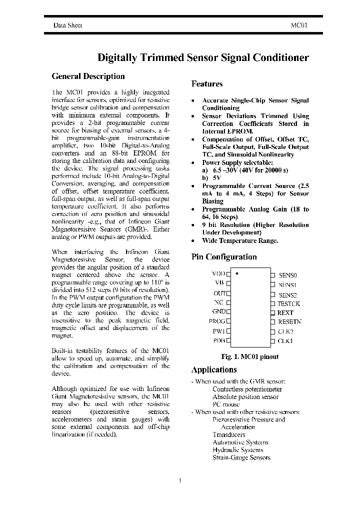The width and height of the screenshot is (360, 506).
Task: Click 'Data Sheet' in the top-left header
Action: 68,24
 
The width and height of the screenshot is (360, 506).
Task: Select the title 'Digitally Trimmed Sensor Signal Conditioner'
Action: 202,57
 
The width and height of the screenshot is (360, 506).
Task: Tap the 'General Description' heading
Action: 88,76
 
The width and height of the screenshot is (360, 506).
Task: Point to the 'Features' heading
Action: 207,84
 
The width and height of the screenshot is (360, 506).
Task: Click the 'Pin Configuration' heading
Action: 224,257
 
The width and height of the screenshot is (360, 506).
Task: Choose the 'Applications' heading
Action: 214,370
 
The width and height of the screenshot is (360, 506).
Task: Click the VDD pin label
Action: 218,274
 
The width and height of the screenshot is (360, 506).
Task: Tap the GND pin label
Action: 218,312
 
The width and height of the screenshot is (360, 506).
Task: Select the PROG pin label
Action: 217,321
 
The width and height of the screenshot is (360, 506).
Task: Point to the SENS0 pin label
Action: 287,275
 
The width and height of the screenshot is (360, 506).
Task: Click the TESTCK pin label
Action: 289,303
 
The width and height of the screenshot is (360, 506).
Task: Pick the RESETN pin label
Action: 289,322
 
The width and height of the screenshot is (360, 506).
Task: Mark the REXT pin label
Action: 285,312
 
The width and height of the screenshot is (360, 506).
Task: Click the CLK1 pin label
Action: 285,341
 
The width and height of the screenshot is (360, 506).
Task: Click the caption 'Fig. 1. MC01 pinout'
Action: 249,357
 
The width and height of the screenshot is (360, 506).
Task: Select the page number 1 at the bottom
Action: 179,480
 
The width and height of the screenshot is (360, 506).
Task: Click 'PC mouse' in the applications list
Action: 226,404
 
